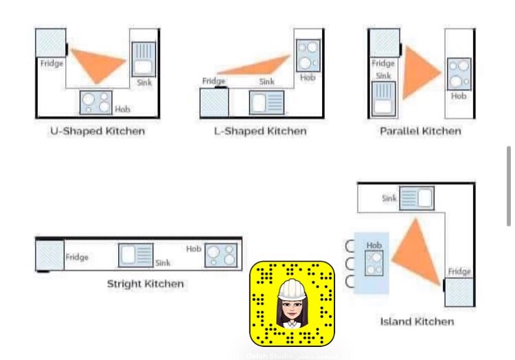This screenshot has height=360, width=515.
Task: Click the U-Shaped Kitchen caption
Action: click(98, 131)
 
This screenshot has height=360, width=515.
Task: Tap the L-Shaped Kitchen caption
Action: click(260, 131)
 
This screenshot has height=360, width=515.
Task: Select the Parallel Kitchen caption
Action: click(420, 131)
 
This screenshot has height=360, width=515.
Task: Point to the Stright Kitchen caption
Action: click(145, 283)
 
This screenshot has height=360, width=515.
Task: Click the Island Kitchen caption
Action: click(417, 321)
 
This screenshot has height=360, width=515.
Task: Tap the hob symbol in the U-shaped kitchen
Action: click(95, 102)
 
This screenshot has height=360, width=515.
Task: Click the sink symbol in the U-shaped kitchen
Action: click(144, 58)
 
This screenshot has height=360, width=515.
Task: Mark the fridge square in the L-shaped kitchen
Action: click(214, 103)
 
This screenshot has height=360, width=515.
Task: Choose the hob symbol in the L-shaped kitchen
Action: click(308, 56)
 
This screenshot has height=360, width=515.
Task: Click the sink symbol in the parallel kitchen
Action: click(383, 98)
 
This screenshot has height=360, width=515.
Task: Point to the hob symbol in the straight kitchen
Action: click(222, 255)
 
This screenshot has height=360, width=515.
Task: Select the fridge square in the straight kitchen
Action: click(49, 255)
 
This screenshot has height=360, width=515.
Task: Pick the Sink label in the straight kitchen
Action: click(163, 263)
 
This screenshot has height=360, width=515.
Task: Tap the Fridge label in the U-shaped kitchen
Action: click(51, 64)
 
